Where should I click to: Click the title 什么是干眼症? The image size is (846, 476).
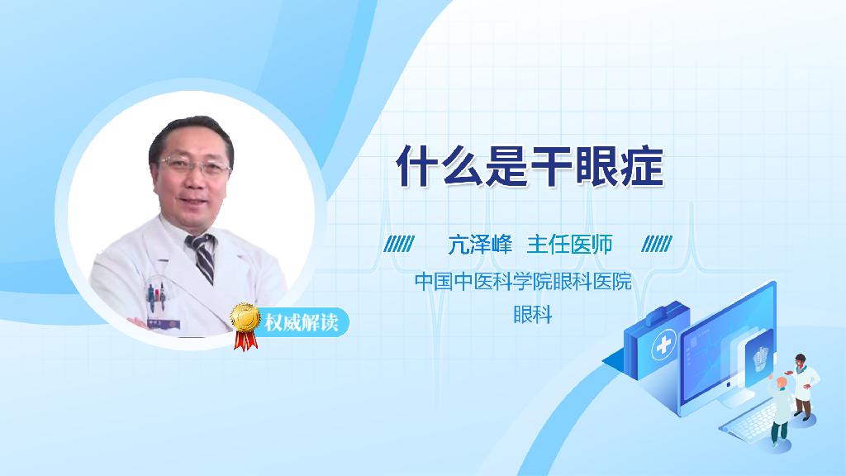pyautogui.click(x=530, y=165)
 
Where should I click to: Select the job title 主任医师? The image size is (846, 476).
pyautogui.click(x=570, y=244)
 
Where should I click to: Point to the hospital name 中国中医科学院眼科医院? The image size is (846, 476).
pyautogui.click(x=522, y=282)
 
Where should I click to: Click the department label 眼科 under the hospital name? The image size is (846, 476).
pyautogui.click(x=531, y=315)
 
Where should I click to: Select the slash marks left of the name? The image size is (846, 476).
pyautogui.click(x=399, y=244)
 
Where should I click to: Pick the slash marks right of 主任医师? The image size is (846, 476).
pyautogui.click(x=657, y=244)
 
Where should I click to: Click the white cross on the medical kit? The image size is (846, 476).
pyautogui.click(x=663, y=347)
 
